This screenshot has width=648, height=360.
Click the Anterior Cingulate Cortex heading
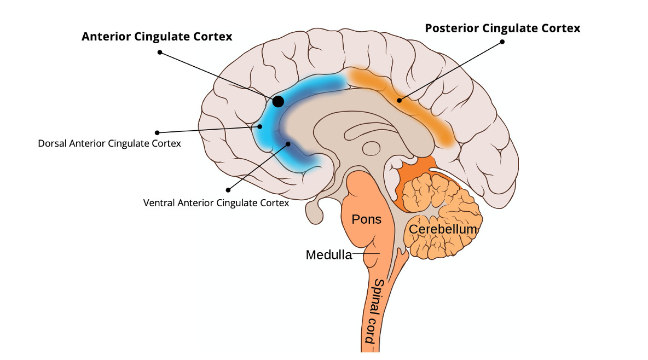(157, 37)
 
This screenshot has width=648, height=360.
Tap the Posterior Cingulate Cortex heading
(502, 28)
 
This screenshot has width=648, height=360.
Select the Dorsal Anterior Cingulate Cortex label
(109, 144)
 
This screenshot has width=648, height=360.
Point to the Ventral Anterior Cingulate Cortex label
(216, 202)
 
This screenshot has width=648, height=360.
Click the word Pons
(366, 219)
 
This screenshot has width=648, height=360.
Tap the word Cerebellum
(443, 229)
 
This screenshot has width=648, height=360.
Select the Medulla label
(328, 255)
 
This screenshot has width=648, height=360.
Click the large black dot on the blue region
(278, 101)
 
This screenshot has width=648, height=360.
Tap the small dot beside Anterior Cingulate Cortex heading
(159, 53)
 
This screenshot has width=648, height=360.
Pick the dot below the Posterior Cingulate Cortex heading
(502, 42)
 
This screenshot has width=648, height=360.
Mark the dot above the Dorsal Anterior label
(157, 132)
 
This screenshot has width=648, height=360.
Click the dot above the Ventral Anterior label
(228, 190)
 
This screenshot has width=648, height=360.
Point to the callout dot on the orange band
(400, 100)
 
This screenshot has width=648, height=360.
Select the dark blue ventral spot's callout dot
(288, 144)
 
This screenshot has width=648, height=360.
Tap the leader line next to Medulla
(366, 254)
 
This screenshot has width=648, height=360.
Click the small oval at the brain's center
(372, 148)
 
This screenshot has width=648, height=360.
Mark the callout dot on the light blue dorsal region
(260, 126)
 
